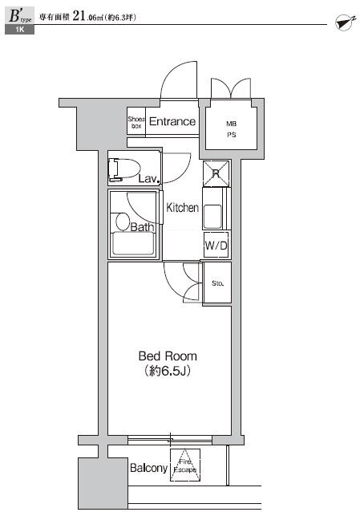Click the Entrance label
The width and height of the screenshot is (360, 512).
[172, 122]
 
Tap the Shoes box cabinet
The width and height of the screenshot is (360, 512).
[136, 123]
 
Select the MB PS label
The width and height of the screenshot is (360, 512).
[231, 129]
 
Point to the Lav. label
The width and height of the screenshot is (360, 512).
[148, 179]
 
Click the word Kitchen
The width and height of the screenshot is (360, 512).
[182, 208]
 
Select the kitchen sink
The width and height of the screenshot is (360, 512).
[214, 216]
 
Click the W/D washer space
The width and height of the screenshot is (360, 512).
[215, 246]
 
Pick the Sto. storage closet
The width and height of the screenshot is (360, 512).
[216, 284]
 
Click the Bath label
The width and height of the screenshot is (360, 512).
[142, 227]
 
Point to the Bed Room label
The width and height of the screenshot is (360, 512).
[168, 356]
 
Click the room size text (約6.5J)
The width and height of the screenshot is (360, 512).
[168, 371]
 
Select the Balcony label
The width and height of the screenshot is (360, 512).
[148, 469]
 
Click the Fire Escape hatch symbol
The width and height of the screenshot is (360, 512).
[184, 465]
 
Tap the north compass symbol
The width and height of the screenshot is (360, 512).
[342, 22]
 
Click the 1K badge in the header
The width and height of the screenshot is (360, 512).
[20, 30]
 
